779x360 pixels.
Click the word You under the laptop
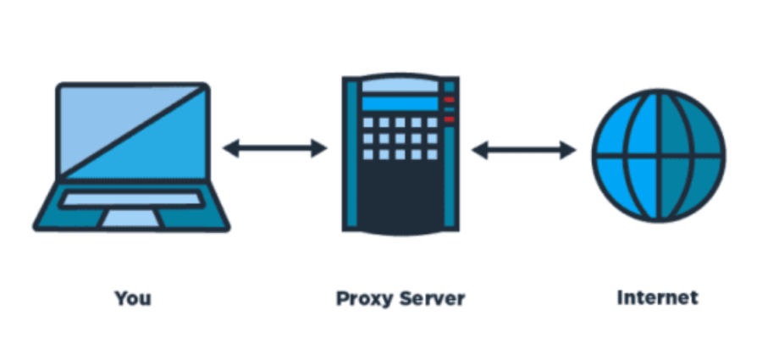click(x=133, y=298)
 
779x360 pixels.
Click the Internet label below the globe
click(x=658, y=298)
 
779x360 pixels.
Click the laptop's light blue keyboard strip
click(x=131, y=200)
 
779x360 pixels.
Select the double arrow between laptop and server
click(x=275, y=149)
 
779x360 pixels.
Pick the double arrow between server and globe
click(x=523, y=151)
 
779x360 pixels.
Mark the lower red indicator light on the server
click(x=449, y=119)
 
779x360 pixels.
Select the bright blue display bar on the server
click(x=399, y=103)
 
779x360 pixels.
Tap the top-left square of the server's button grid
click(x=368, y=123)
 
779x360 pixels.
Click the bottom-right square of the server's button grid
click(x=429, y=154)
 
